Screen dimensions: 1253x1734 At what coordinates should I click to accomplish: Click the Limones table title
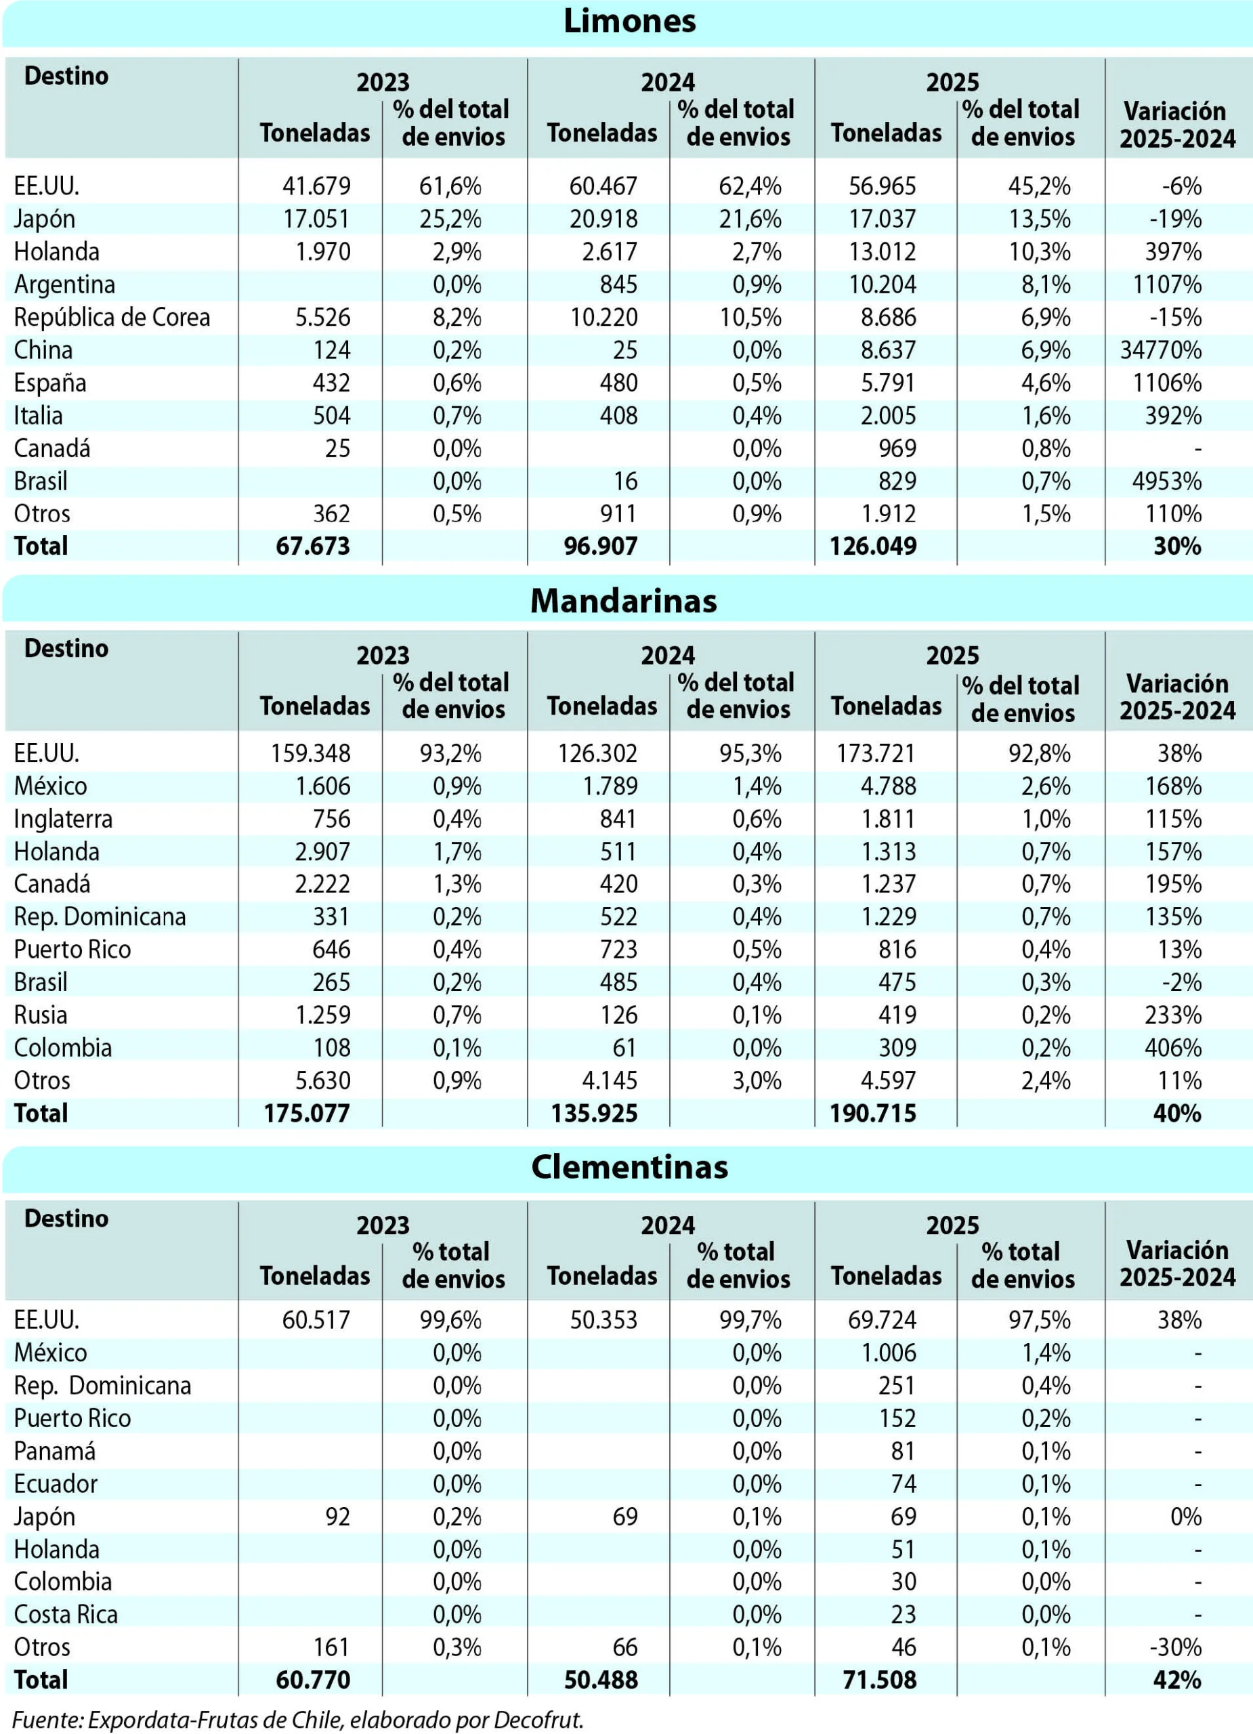[629, 22]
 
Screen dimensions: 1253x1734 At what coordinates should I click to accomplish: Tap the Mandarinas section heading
[624, 601]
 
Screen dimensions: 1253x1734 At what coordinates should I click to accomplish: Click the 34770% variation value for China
[1162, 350]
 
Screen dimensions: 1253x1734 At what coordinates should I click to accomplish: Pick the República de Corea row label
[112, 317]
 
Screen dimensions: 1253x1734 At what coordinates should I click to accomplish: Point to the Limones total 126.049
[873, 546]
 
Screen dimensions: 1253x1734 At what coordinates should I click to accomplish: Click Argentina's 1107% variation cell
[1168, 284]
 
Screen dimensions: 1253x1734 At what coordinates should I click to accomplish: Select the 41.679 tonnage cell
[316, 186]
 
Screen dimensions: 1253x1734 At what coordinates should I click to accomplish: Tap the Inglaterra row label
[63, 819]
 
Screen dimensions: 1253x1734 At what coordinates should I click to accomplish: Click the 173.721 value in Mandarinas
[876, 753]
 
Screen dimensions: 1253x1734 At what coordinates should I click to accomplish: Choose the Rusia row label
[41, 1015]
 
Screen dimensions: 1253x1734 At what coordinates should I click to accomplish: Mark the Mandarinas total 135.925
[594, 1113]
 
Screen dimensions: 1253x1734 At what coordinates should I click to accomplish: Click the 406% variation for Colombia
[1174, 1047]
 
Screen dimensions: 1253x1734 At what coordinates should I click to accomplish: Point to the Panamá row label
[55, 1451]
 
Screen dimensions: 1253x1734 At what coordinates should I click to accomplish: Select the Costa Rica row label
[66, 1614]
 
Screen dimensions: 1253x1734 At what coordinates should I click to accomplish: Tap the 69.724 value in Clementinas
[883, 1319]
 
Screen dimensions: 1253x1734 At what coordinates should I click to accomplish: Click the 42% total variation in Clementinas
[1177, 1680]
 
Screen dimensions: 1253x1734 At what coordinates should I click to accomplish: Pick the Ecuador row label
[56, 1484]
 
